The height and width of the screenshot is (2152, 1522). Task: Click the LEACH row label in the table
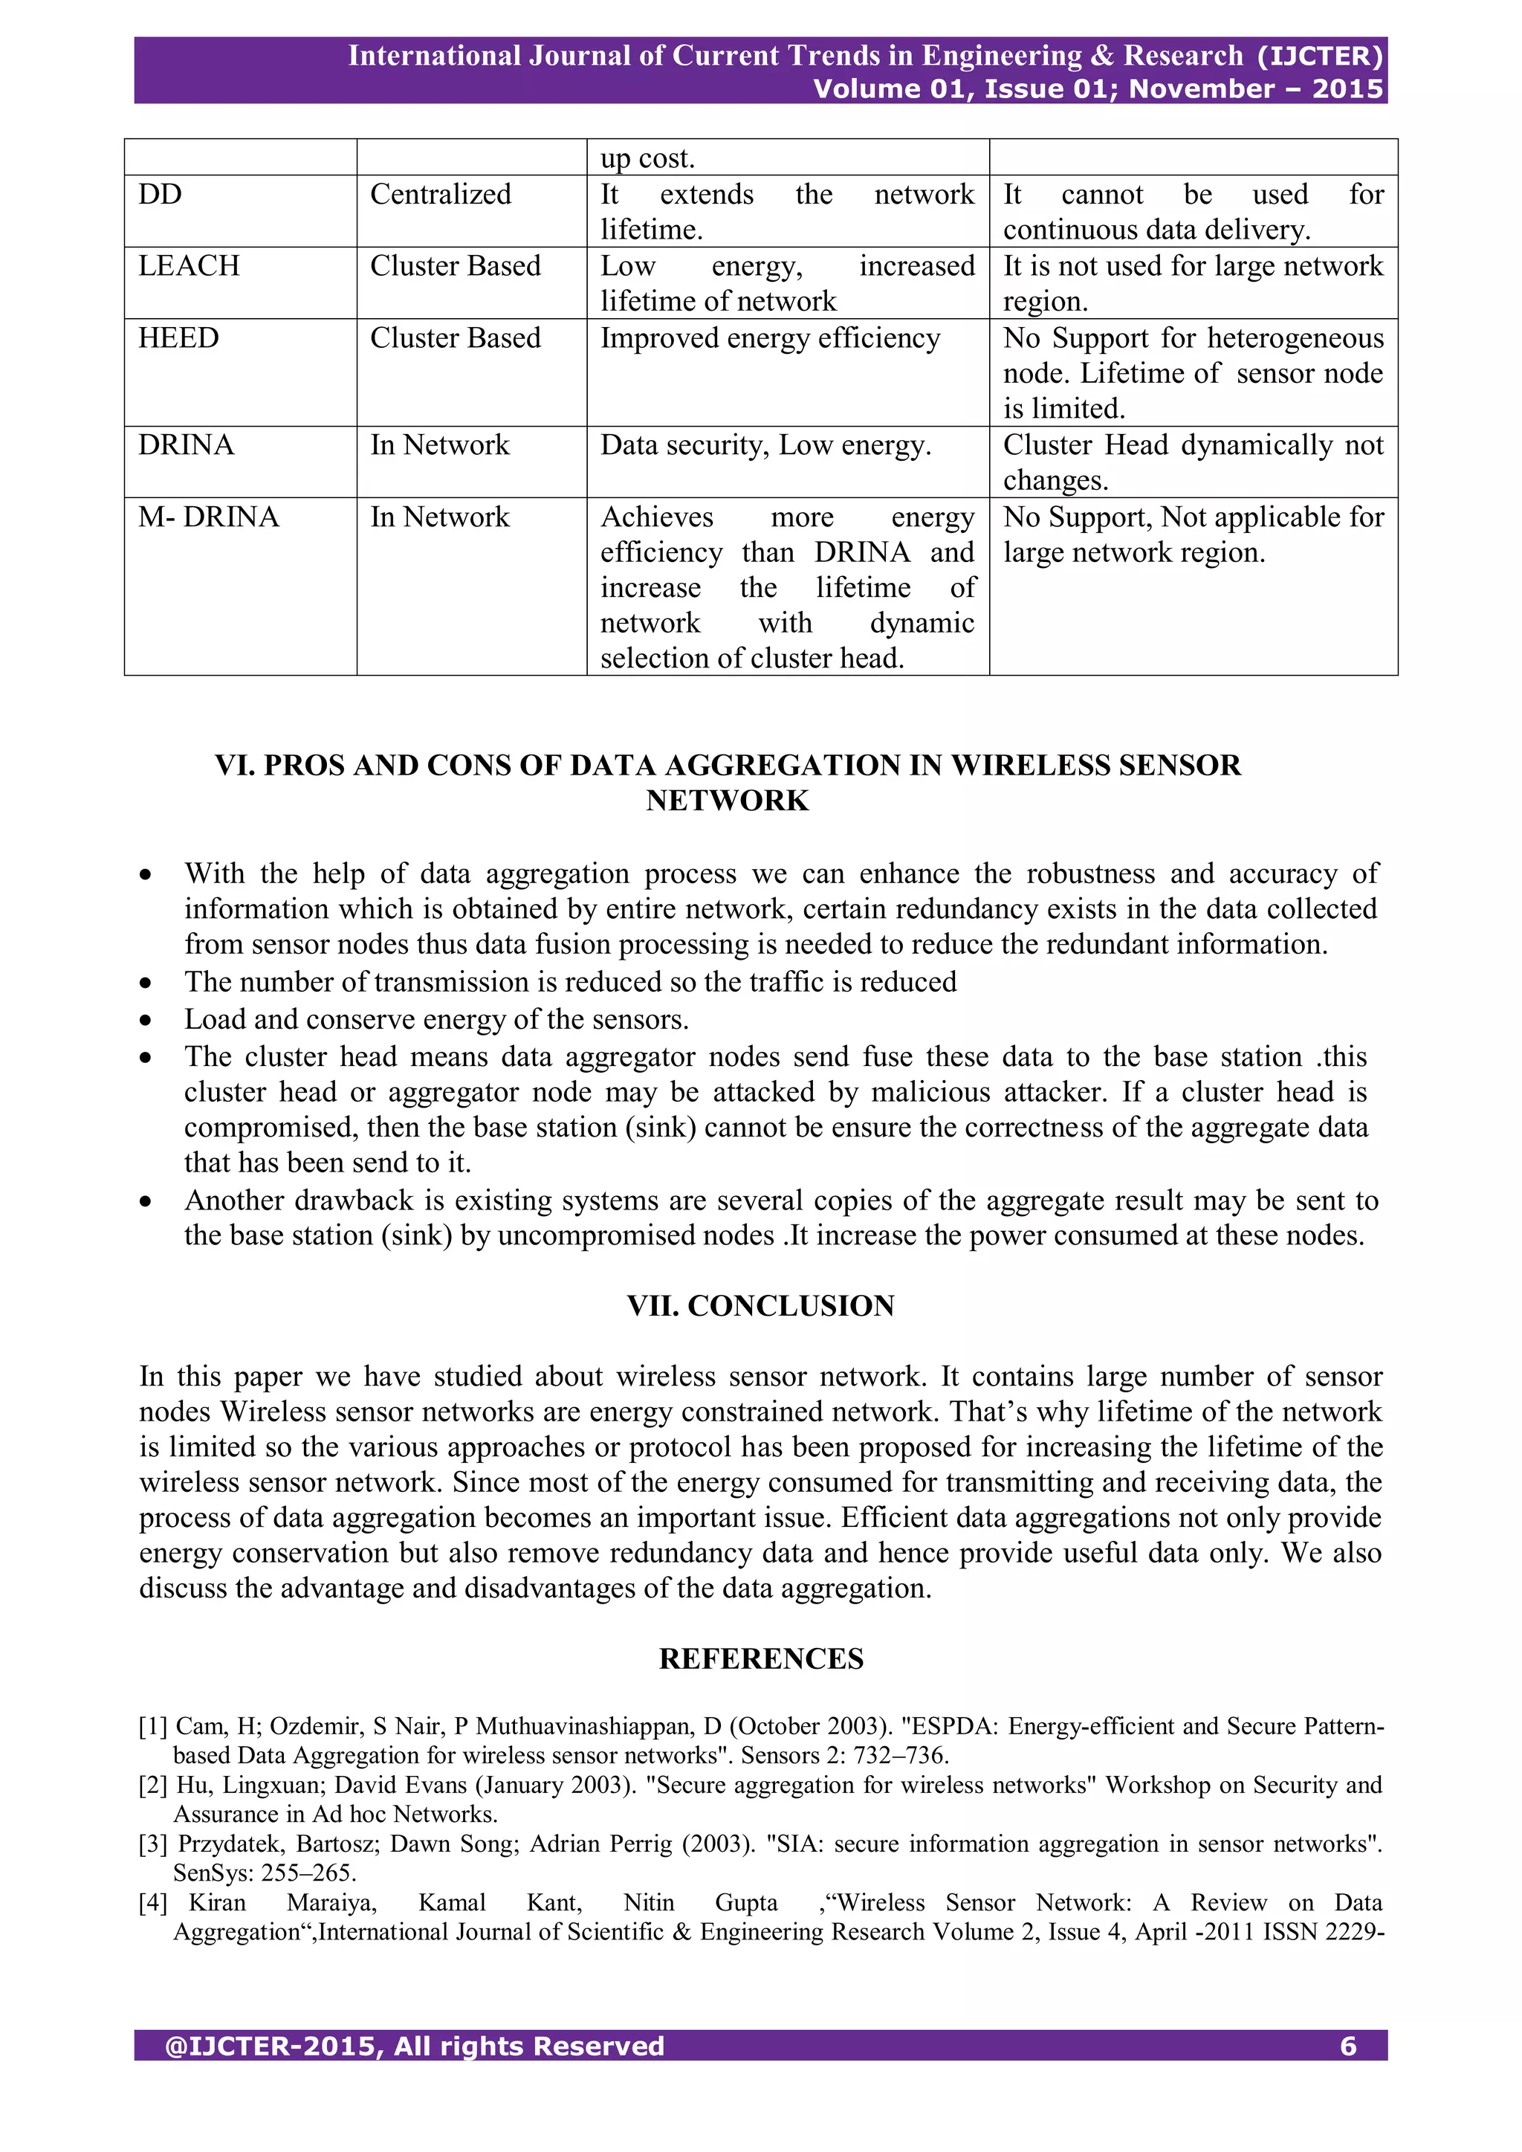tap(190, 266)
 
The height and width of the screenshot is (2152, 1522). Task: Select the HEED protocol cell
tap(179, 338)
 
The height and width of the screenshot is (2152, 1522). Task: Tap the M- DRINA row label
tap(209, 517)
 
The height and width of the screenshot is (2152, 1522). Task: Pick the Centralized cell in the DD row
tap(441, 195)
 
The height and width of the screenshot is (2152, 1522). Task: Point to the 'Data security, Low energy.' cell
tap(765, 445)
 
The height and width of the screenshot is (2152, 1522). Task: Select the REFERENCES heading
tap(760, 1658)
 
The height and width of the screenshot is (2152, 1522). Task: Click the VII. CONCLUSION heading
tap(760, 1305)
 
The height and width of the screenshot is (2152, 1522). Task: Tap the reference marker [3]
tap(153, 1844)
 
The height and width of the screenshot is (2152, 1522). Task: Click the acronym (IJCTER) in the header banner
tap(1320, 56)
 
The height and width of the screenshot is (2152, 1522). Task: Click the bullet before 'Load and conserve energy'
tap(145, 1021)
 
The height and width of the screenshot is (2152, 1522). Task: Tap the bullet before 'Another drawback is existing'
tap(145, 1201)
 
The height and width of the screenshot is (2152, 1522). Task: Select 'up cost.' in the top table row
tap(647, 158)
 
